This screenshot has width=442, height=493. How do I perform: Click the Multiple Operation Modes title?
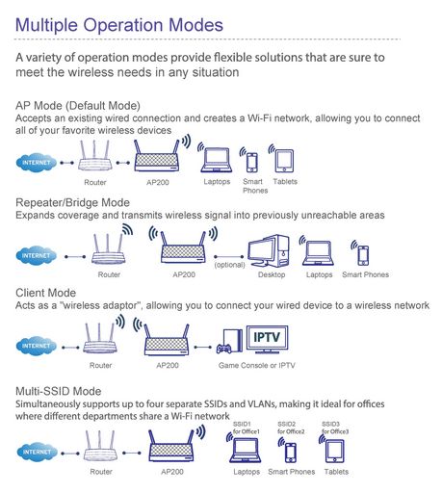119,25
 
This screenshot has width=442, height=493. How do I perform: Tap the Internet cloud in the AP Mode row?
36,163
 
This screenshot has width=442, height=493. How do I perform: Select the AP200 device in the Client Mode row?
167,341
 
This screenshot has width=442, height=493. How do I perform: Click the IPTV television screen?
267,339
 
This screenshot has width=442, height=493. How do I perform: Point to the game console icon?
229,342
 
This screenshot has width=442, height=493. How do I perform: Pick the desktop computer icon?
269,251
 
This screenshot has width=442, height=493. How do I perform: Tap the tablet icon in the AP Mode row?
284,161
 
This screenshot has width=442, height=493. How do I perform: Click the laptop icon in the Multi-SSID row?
245,451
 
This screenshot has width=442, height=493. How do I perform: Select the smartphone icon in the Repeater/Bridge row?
363,255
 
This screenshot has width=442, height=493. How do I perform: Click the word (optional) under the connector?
229,265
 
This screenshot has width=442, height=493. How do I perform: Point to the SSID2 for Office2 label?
291,428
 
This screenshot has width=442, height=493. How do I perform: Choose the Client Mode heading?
45,293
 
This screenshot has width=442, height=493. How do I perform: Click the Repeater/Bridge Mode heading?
72,202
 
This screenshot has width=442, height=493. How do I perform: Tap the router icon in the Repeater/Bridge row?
108,249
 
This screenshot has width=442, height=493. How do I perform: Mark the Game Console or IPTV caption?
256,365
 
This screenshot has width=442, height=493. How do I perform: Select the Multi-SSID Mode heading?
58,391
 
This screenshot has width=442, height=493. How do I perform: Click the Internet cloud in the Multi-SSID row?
37,452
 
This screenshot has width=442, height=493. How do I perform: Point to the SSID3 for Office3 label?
335,428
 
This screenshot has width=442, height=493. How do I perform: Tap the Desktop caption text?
272,274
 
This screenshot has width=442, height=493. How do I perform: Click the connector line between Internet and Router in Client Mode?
70,348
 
